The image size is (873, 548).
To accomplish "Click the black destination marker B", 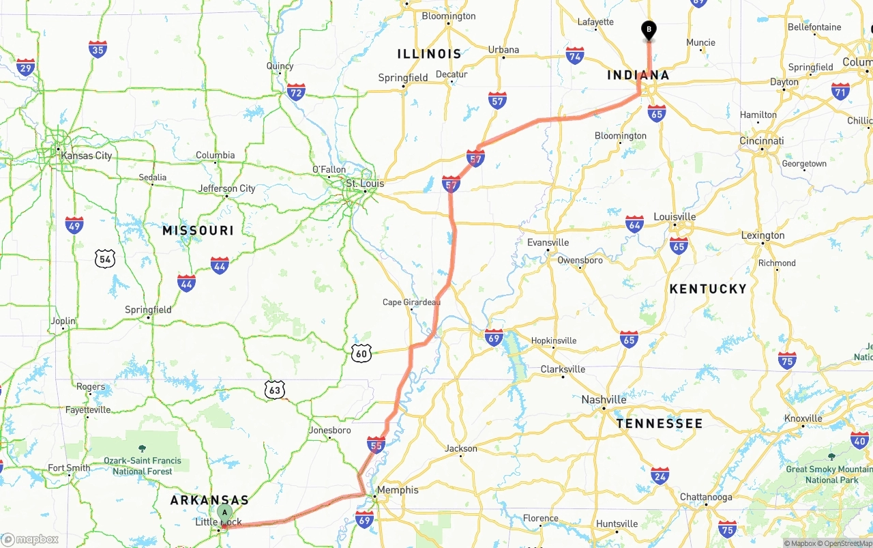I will pos(649,30).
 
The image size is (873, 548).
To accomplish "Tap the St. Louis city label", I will pos(365,184).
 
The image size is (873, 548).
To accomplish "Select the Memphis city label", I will pos(398,490).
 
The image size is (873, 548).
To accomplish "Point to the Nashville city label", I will pos(604,399).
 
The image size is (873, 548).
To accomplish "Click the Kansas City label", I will pos(87,156).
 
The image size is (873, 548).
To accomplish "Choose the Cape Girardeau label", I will pos(411,302).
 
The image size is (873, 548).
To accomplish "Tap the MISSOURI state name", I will pos(198,231).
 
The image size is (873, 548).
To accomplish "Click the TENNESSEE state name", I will pos(659,424).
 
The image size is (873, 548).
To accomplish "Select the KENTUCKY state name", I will pos(708,289).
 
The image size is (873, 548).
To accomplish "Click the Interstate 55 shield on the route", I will pos(376,445).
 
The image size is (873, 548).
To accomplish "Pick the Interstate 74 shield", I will pos(575,56).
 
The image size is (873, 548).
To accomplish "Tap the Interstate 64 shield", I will pos(634,224).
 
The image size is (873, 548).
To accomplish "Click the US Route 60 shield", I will pos(361,353).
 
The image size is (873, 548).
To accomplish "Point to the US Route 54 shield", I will pos(105,259).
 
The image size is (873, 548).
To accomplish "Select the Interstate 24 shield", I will pos(660,476).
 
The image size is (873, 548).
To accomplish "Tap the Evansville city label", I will pos(548,242).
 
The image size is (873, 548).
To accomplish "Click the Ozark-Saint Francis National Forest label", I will pos(143,465).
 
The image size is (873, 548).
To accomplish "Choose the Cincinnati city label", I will pos(762,141).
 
